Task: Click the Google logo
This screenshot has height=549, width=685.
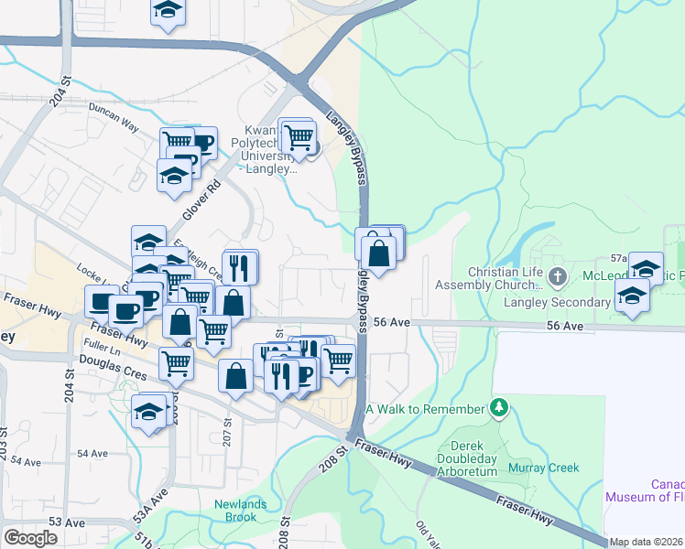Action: click(30, 538)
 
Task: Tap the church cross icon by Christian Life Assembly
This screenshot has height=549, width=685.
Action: click(559, 275)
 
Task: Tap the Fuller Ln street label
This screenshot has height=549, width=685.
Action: click(101, 350)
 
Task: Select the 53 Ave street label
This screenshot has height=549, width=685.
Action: click(67, 522)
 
